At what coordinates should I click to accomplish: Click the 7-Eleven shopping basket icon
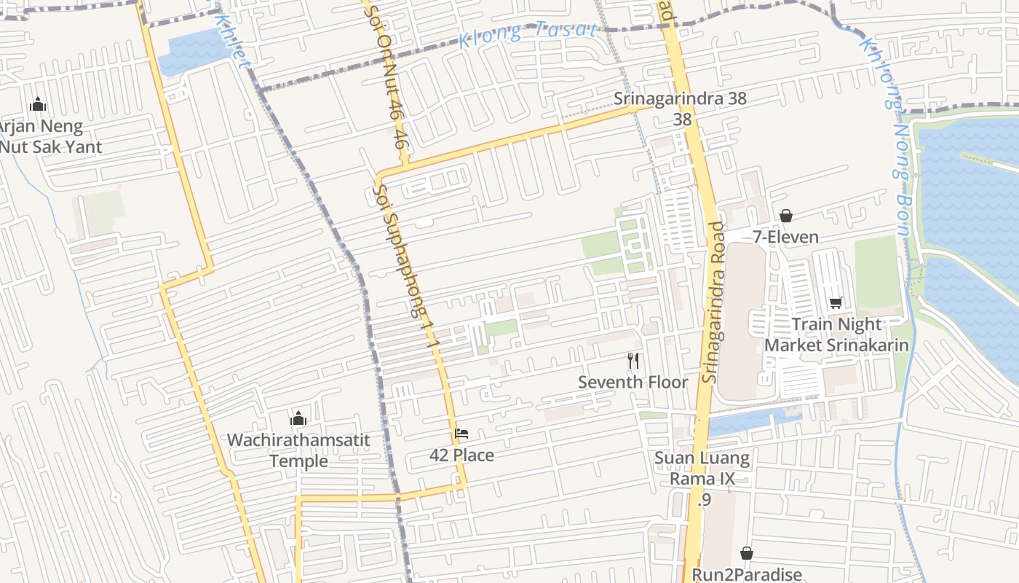[785, 216]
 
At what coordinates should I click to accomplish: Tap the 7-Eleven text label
[785, 237]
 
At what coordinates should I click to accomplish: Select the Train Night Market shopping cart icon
[836, 302]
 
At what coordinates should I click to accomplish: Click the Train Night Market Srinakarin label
[836, 334]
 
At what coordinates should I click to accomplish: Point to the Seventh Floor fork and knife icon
[633, 360]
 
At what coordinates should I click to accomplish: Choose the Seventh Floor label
[633, 382]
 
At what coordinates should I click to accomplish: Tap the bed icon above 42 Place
[461, 434]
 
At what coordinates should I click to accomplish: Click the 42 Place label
[461, 455]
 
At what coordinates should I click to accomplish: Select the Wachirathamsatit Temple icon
[298, 418]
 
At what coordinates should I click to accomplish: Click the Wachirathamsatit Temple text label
[298, 450]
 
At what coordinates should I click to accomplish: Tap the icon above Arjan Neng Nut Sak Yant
[38, 105]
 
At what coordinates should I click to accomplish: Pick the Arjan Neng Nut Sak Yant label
[44, 136]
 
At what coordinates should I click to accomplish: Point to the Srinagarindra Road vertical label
[715, 302]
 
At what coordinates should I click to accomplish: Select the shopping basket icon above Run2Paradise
[746, 553]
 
